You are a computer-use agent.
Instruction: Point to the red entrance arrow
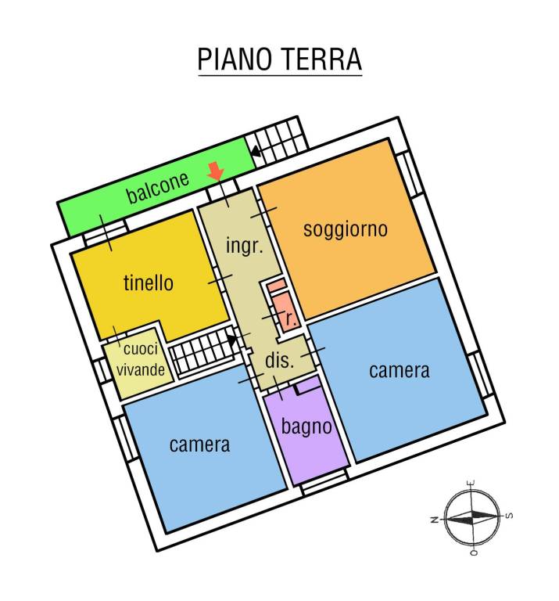coord(216,170)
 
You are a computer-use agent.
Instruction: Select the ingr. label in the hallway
coord(243,245)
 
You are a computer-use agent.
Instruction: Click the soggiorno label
coord(346,229)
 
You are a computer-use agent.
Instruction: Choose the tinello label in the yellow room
coord(149,283)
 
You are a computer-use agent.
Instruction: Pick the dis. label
coord(279,361)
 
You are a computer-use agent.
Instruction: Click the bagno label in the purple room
coord(306,427)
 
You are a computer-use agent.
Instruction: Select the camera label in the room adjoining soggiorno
coord(399,370)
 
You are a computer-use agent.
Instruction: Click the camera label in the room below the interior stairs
coord(200,444)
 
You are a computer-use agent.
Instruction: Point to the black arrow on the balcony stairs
coord(256,152)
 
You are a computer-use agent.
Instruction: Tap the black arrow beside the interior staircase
coord(231,339)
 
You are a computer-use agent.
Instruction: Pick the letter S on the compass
coord(510,515)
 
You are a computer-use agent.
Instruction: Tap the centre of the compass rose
coord(471,516)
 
